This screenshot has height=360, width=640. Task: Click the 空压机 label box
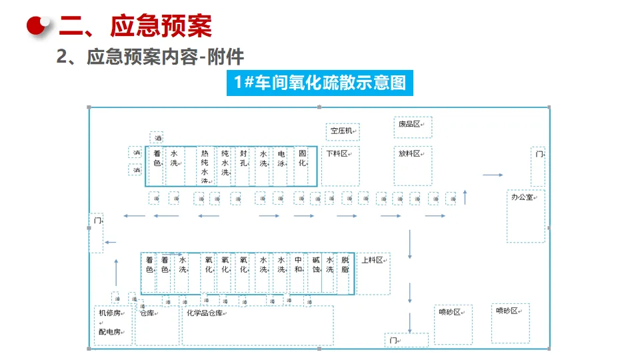(x=343, y=131)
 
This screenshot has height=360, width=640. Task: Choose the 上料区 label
(x=372, y=261)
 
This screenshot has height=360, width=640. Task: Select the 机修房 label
(x=109, y=313)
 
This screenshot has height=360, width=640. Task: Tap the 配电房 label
(x=109, y=331)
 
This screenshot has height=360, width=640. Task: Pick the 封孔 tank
(x=243, y=158)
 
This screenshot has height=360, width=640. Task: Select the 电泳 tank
(x=282, y=158)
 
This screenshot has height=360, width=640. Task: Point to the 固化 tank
(x=303, y=158)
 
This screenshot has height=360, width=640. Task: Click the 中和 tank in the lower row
(x=298, y=265)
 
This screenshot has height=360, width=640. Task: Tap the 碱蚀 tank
(x=316, y=265)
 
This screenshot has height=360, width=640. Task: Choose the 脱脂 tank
(x=345, y=265)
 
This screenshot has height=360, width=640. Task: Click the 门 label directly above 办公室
(x=538, y=154)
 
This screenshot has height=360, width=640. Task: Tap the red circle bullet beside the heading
(x=39, y=25)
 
